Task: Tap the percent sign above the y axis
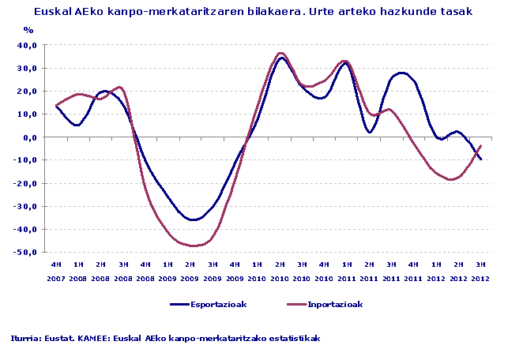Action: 28,30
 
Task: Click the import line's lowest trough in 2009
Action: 192,246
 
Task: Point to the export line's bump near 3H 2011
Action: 402,73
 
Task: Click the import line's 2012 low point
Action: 451,180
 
